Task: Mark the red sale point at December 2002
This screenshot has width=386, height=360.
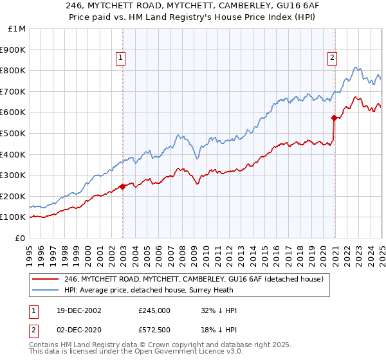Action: pyautogui.click(x=123, y=187)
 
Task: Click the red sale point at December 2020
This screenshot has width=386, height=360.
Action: pyautogui.click(x=334, y=118)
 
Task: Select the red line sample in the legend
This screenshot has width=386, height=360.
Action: pyautogui.click(x=46, y=279)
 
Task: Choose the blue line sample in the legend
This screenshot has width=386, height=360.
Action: pyautogui.click(x=46, y=289)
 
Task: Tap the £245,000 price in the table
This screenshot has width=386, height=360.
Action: pyautogui.click(x=154, y=310)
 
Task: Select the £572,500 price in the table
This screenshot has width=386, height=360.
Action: pyautogui.click(x=154, y=330)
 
